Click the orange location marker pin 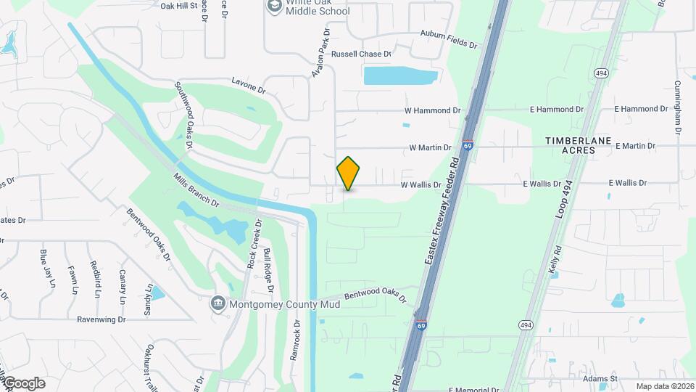[348, 173]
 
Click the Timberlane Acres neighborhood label [579, 144]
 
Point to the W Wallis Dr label [421, 185]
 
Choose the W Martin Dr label [430, 147]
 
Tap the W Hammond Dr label [432, 110]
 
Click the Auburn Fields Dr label [449, 39]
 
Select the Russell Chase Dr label [361, 54]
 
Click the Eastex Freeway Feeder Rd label [442, 211]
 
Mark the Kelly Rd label [555, 258]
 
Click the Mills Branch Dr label [196, 189]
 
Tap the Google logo [24, 383]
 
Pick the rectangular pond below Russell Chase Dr [394, 76]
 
